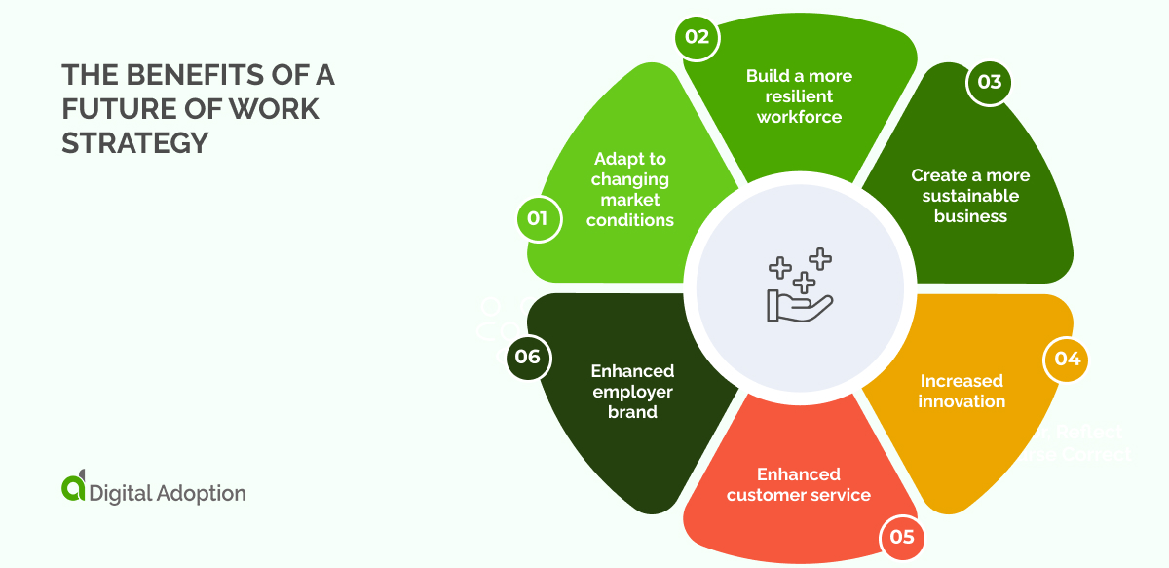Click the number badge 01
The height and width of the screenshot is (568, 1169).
pos(538,218)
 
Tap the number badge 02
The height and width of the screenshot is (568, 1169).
pos(698,38)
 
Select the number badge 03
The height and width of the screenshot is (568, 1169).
pos(989,82)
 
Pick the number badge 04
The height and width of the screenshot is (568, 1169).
pos(1068,359)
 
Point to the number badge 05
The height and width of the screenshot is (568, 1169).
pos(902,537)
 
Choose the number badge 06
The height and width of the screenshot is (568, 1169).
pos(528,357)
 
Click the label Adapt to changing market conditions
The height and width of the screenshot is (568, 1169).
pos(630,189)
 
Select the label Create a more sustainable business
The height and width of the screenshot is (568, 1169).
pos(970,196)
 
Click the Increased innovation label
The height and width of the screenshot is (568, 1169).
pos(962,391)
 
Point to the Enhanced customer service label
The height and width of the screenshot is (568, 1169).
pos(799,484)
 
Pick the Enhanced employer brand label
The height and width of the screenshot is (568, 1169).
pos(632,391)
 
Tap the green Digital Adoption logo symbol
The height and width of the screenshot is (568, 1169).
pos(73,489)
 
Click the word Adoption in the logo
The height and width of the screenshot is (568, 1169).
pos(201,493)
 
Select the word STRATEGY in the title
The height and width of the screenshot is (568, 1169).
pos(135,143)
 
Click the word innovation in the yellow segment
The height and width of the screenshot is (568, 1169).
pos(962,401)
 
